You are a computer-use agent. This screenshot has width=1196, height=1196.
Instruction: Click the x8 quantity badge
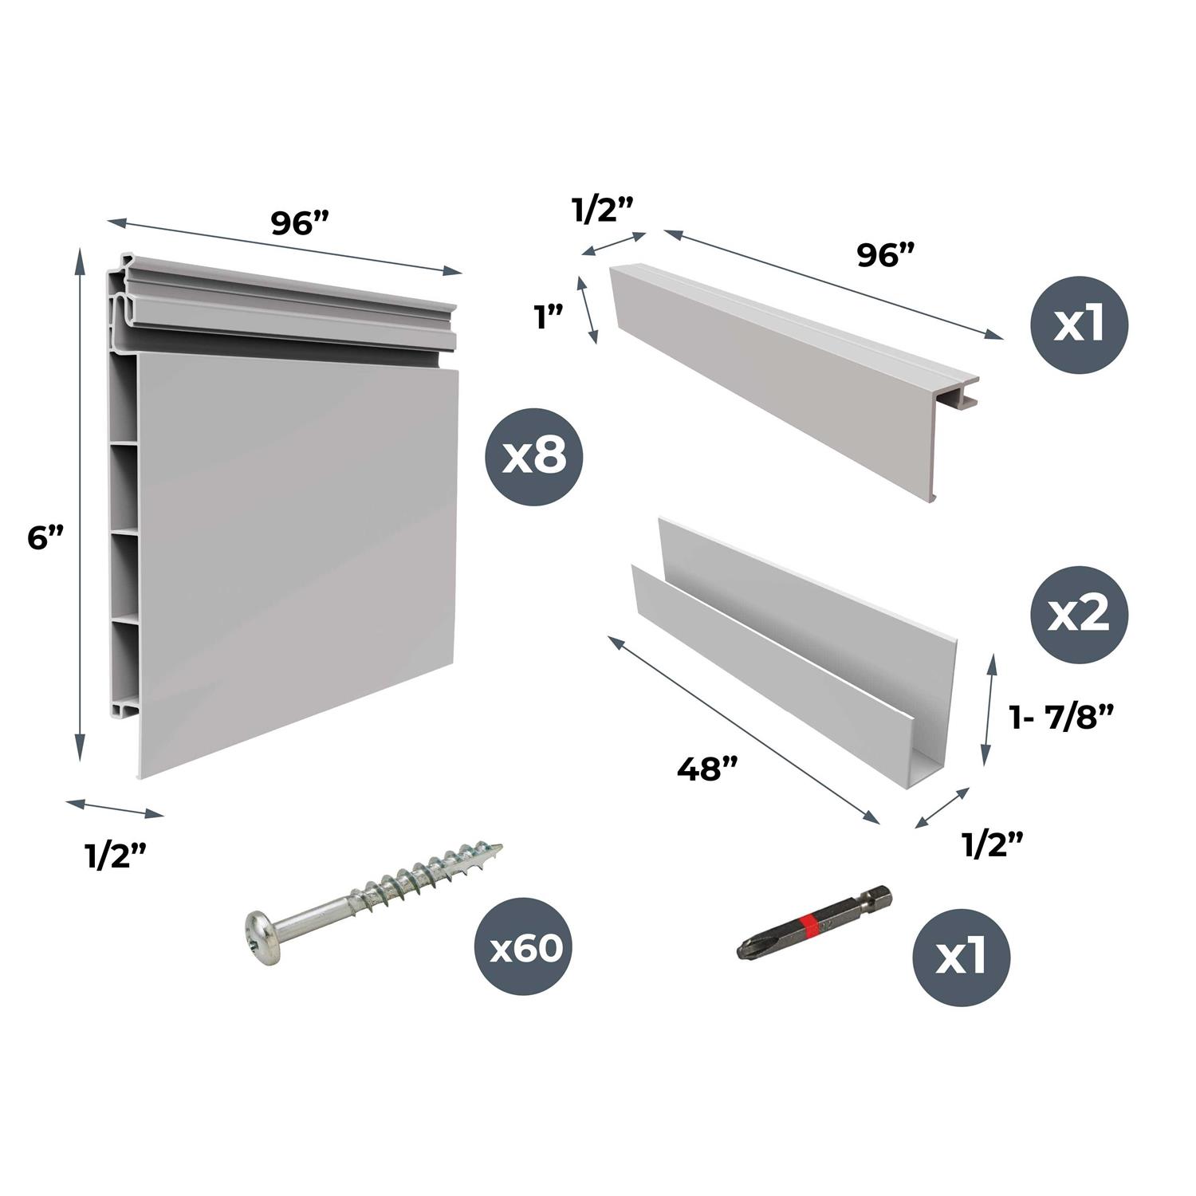pos(535,457)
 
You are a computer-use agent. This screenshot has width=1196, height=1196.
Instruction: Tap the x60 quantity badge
pos(525,949)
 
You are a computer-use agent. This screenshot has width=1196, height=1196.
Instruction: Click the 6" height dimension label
pos(45,538)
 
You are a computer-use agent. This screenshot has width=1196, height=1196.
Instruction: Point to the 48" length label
pos(707,769)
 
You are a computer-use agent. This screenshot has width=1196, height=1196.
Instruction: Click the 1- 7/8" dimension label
pos(1060,718)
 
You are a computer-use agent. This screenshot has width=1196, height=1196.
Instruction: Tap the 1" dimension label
pos(549,318)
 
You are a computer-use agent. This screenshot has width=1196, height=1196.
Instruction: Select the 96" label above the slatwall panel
pos(294,223)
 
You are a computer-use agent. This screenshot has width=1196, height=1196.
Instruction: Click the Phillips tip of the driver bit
pos(746,950)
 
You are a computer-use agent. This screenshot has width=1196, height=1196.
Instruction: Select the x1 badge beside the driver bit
pos(962,958)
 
